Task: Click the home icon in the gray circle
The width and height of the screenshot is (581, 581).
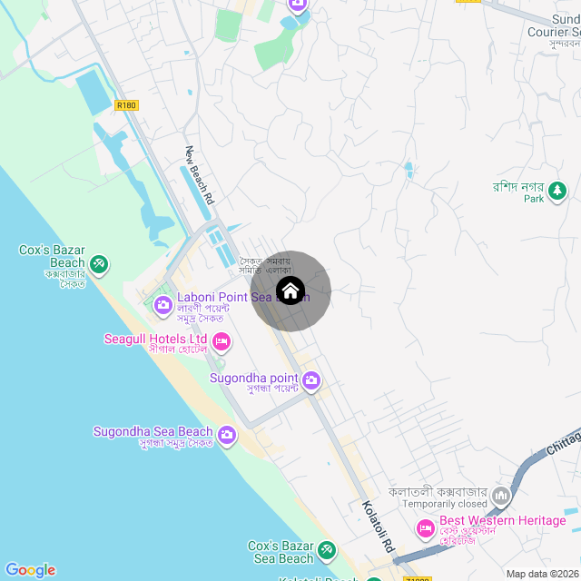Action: click(x=290, y=291)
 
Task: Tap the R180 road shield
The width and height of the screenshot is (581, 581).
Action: click(x=127, y=105)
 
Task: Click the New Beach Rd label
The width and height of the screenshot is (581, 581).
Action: click(x=199, y=174)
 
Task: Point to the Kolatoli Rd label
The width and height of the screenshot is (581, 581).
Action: click(x=377, y=527)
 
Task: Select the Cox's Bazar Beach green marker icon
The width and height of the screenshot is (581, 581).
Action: click(x=99, y=264)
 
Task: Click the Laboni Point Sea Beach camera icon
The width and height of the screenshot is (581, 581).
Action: click(x=163, y=304)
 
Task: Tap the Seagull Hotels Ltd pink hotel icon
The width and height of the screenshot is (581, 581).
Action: click(x=222, y=342)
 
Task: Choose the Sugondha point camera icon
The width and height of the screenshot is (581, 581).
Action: click(x=311, y=380)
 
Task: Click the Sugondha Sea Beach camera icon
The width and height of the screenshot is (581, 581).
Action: click(x=226, y=437)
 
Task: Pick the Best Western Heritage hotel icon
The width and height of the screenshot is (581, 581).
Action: click(x=425, y=527)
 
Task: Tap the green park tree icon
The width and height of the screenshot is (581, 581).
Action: click(x=556, y=191)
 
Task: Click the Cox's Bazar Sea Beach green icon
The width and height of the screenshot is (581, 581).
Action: click(x=326, y=550)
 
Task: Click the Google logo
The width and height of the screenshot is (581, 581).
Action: click(x=30, y=570)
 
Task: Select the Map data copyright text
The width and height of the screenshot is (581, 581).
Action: click(x=542, y=574)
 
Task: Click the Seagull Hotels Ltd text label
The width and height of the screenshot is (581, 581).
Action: click(x=155, y=339)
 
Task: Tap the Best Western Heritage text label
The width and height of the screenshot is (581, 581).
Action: click(x=502, y=520)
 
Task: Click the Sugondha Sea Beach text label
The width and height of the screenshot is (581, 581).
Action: click(x=153, y=431)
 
